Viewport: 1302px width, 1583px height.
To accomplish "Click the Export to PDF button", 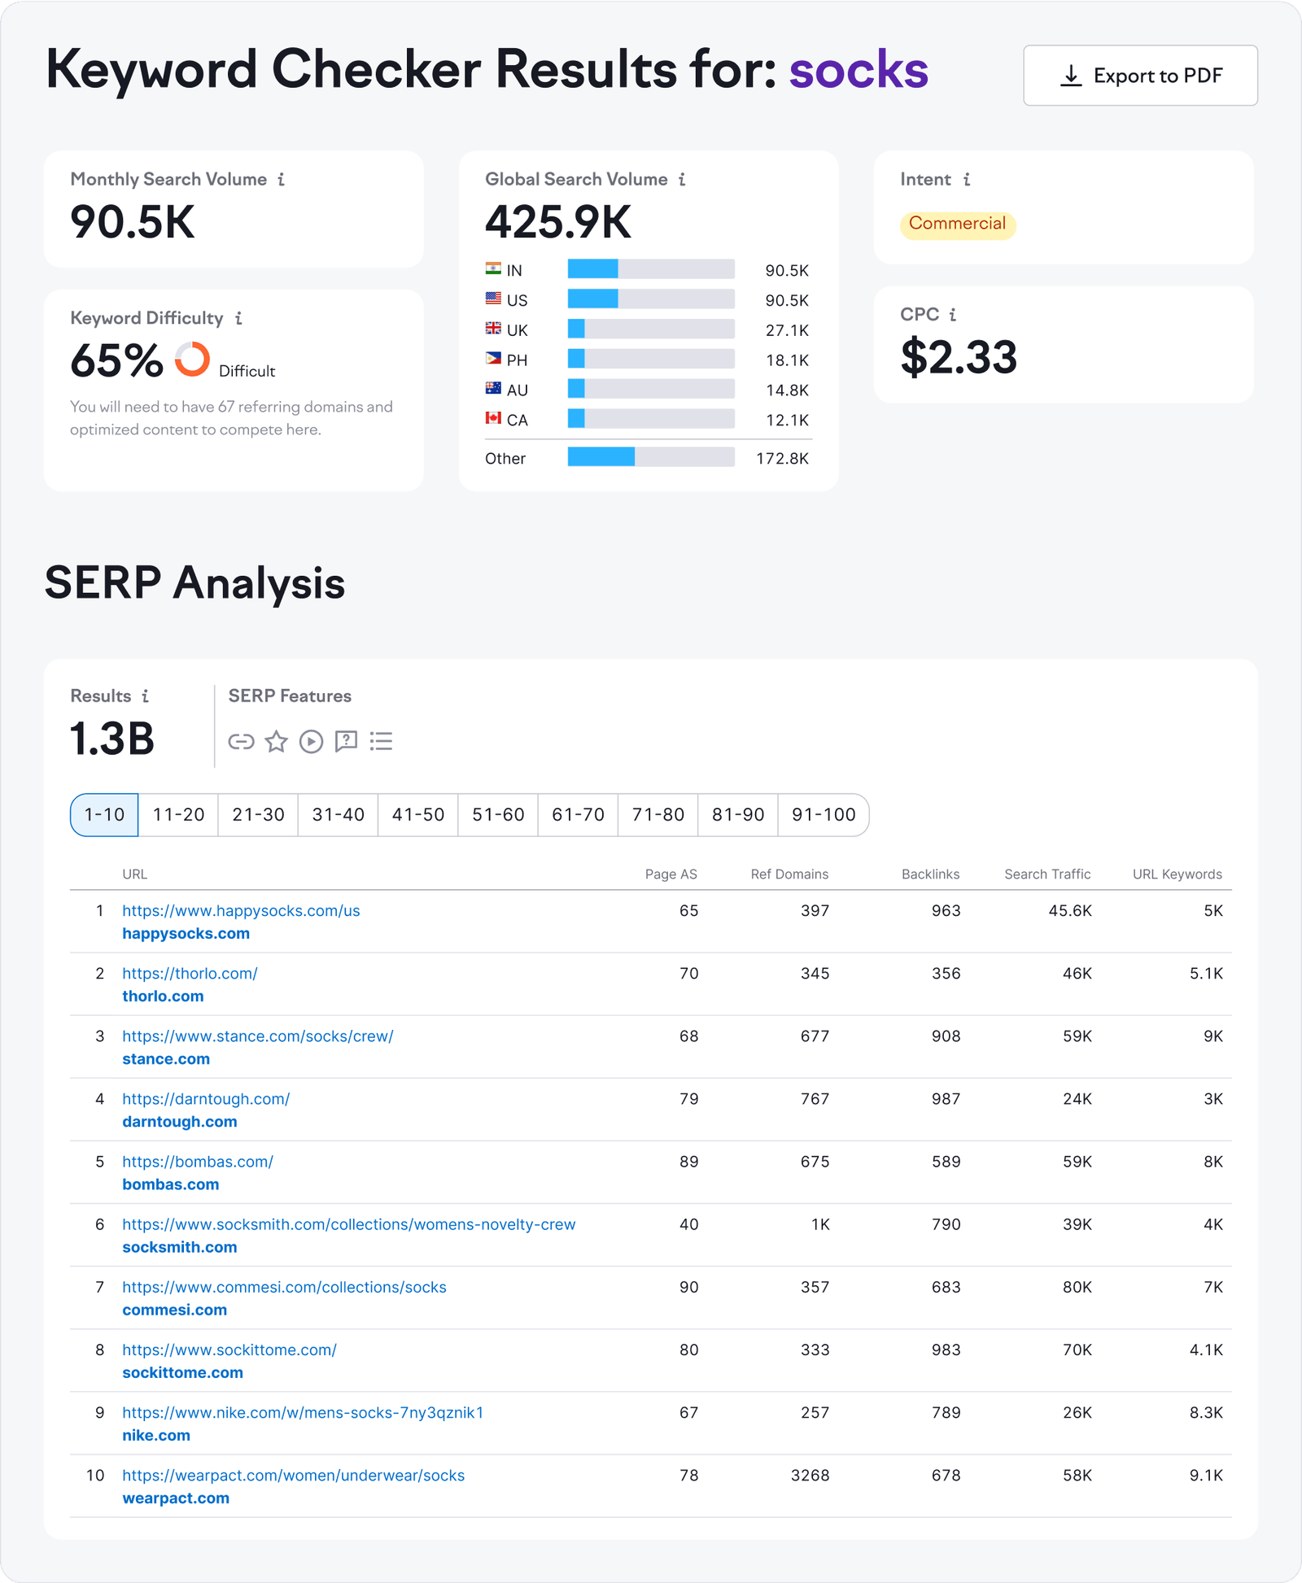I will coord(1140,76).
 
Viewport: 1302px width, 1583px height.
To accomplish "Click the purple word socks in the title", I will coord(858,70).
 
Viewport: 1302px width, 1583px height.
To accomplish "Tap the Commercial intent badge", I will coord(957,224).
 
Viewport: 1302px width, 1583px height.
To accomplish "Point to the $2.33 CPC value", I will coord(959,357).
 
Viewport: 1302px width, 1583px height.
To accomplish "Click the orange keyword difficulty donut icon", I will coord(192,359).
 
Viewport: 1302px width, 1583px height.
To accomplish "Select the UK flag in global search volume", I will coord(493,329).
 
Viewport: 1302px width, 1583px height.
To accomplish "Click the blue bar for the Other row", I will coord(601,457).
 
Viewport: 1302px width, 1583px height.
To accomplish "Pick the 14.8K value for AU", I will coord(787,390).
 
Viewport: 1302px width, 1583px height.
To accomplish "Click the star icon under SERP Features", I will coord(277,741).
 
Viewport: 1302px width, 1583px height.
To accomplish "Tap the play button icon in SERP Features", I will coord(311,741).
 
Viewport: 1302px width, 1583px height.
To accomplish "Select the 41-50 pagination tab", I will coord(418,814).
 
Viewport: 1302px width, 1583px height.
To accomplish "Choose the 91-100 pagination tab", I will coord(824,814).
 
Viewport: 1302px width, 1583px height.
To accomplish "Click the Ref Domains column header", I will coord(789,874).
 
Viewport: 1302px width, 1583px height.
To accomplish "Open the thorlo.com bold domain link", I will coord(163,996).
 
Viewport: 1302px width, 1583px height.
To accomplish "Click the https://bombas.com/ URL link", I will coord(198,1162).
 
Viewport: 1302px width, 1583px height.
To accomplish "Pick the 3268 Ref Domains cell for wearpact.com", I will coord(810,1475).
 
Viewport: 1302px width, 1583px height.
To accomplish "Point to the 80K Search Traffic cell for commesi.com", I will coord(1077,1287).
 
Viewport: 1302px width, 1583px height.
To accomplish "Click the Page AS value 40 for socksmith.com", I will coord(688,1224).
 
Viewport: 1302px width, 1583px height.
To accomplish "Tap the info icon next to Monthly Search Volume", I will coord(282,180).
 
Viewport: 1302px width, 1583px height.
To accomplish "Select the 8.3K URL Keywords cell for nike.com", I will coord(1205,1412).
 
